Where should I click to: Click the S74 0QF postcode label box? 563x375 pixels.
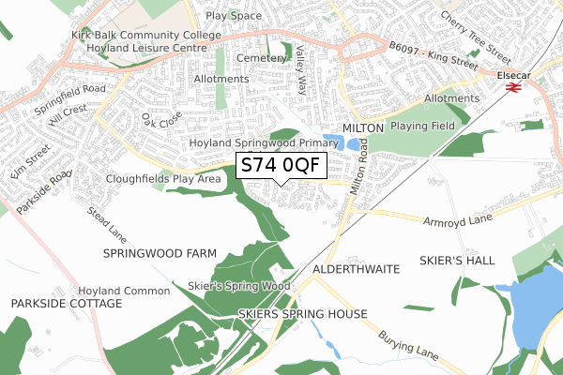281,166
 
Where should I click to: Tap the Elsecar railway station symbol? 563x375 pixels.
512,87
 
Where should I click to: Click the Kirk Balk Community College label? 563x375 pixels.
145,36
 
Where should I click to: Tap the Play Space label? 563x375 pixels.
234,16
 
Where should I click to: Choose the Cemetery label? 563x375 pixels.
260,58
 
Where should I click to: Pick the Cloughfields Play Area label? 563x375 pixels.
163,175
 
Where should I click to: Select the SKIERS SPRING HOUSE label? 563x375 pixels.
303,313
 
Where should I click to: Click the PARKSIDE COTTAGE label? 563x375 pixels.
67,304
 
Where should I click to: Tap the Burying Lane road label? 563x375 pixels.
408,345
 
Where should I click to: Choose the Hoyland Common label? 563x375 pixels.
124,291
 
